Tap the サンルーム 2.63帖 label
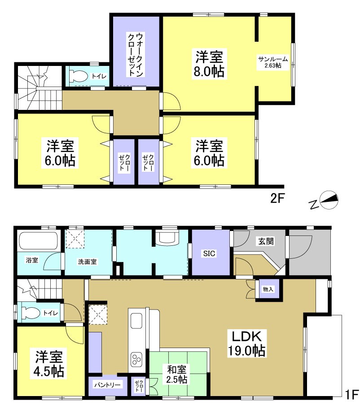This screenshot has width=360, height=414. [x=270, y=62]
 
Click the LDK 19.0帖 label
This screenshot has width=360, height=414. [x=249, y=343]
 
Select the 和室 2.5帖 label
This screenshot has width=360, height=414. [x=177, y=374]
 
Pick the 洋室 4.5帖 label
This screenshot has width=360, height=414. [x=49, y=364]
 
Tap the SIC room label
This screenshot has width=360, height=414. [x=210, y=254]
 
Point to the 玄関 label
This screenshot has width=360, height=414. [x=264, y=241]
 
